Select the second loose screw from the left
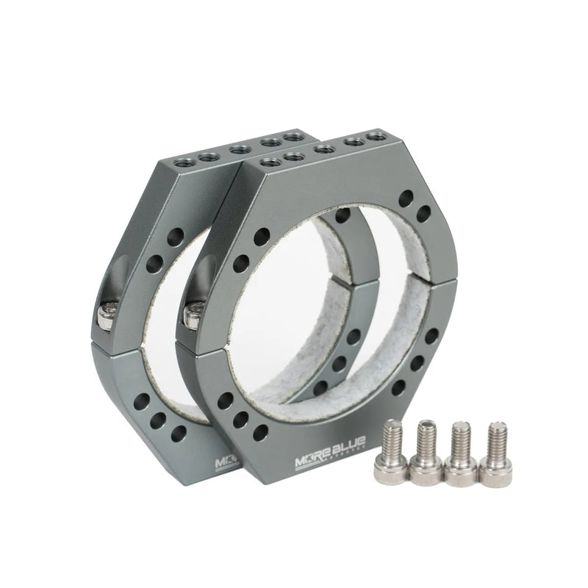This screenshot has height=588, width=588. tap(426, 453)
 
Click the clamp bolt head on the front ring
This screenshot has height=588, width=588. tap(193, 314)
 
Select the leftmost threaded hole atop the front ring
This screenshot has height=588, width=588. tap(270, 158)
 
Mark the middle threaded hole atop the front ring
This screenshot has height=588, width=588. tap(323, 146)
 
